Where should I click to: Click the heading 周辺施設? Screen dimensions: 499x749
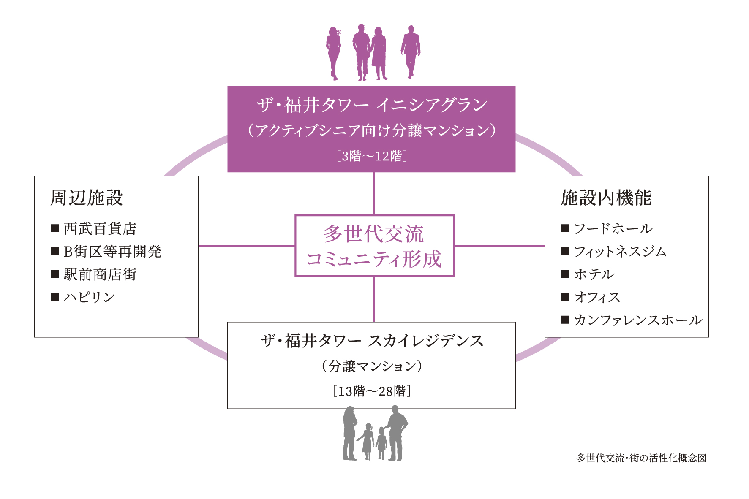[87, 198]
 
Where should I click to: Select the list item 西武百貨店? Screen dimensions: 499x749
[100, 229]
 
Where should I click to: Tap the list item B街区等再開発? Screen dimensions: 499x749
[112, 252]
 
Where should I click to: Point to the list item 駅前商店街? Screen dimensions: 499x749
[100, 274]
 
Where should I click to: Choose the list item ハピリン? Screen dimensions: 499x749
[89, 297]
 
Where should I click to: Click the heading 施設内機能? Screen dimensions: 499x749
[606, 198]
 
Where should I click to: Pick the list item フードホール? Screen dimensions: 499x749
[613, 229]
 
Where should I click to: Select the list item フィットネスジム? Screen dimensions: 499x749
[620, 252]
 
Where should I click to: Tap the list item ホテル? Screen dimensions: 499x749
[594, 274]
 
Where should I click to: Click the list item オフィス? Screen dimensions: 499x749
[597, 297]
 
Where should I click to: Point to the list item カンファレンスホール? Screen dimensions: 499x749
[638, 320]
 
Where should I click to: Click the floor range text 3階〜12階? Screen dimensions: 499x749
[372, 156]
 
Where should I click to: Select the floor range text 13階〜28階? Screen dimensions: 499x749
[372, 391]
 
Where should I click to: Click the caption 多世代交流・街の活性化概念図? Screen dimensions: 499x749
[641, 458]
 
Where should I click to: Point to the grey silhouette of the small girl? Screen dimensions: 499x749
[367, 441]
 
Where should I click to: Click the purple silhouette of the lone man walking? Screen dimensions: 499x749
[411, 51]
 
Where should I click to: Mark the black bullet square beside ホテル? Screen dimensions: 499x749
[565, 274]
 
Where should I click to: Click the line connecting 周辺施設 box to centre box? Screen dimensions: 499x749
[246, 246]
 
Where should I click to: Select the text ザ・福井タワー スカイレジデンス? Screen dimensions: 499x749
[372, 341]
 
